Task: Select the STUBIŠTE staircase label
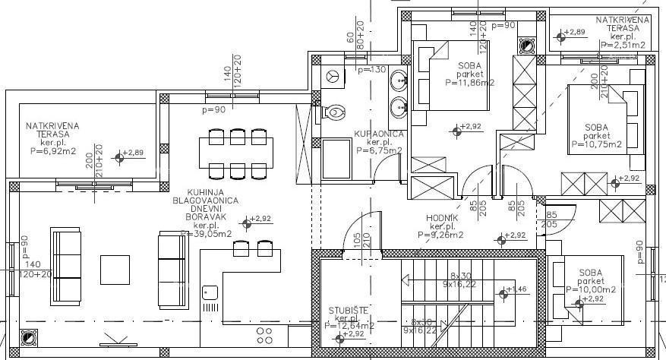[349, 310]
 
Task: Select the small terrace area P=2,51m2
[623, 46]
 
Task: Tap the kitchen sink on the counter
[210, 292]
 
